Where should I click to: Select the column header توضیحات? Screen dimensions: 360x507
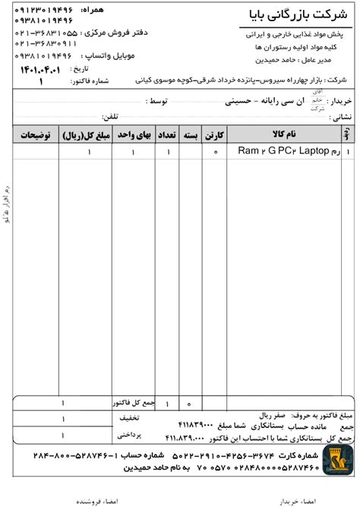click(x=36, y=134)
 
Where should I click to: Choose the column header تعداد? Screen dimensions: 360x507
click(x=169, y=134)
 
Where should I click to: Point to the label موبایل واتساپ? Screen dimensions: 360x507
click(x=114, y=57)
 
